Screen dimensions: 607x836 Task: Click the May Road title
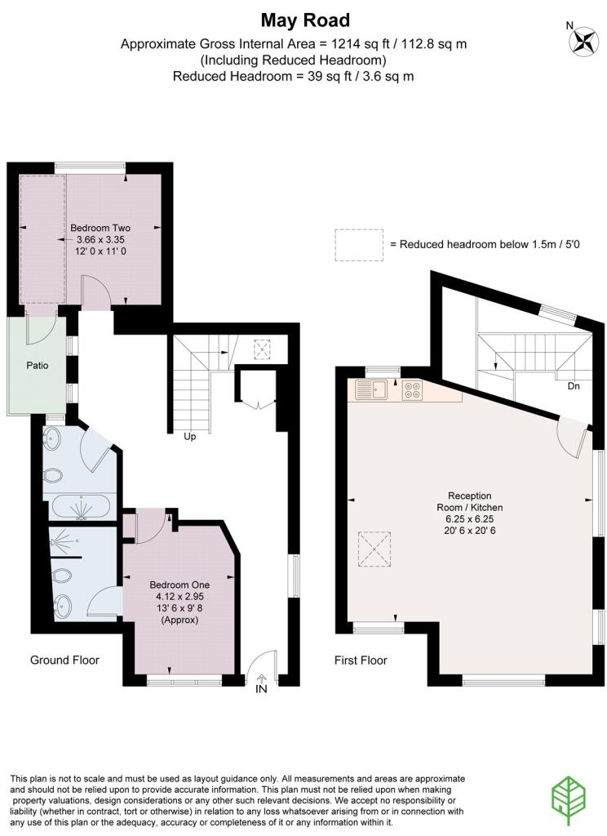[x=305, y=20]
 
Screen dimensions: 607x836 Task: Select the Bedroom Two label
[x=100, y=228]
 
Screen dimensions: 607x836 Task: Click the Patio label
[x=38, y=365]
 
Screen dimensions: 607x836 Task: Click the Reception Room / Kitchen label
[x=469, y=502]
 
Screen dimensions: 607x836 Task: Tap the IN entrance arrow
[x=261, y=678]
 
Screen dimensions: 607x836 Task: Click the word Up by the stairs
[x=190, y=437]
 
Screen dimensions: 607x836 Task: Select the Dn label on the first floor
[x=574, y=386]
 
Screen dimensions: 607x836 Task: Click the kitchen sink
[x=372, y=389]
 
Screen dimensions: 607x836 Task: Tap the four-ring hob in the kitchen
[x=411, y=389]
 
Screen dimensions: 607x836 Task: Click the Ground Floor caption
[x=64, y=660]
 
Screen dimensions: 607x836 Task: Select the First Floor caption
[x=361, y=660]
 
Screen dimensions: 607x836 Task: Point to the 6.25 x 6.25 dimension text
[x=469, y=518]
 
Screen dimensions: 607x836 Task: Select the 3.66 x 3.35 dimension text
[x=100, y=239]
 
